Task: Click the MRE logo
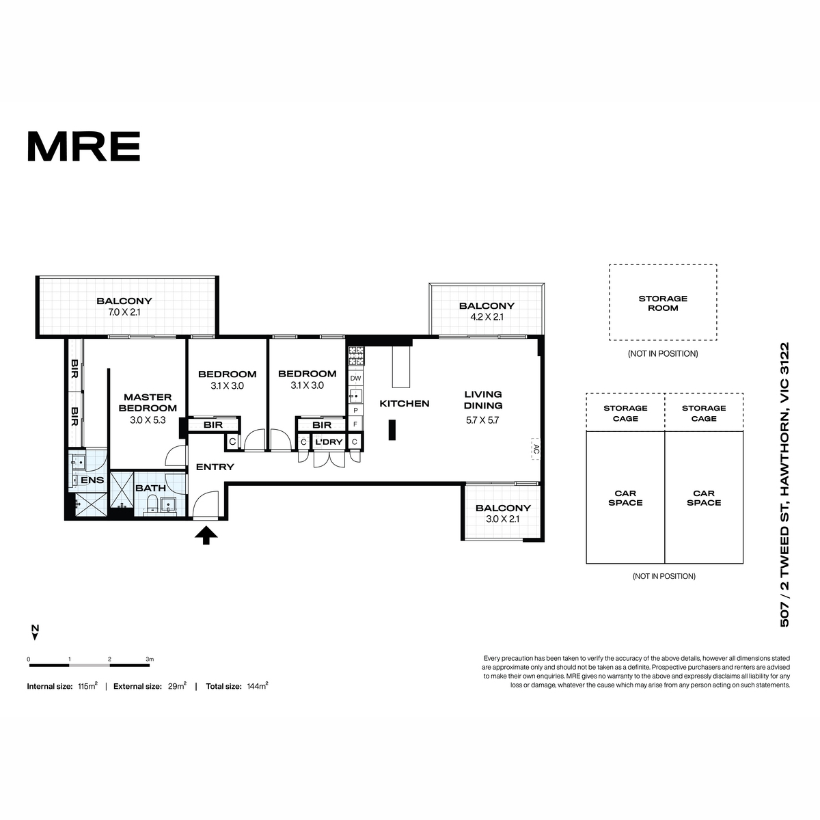pos(84,146)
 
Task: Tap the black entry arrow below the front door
pos(206,535)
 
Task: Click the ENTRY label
pos(215,467)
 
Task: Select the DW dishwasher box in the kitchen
pos(355,379)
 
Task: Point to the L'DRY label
pos(329,442)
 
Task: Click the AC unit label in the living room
pos(536,448)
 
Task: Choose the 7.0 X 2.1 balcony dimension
pos(124,312)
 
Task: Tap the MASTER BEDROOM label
pos(148,402)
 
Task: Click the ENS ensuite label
pos(92,480)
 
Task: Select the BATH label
pos(150,488)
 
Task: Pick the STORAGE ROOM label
pos(663,303)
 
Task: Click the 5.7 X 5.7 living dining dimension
pos(482,420)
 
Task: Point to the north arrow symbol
pos(36,632)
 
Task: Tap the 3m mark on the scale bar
pos(150,659)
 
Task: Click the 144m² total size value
pos(258,686)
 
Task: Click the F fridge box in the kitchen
pos(355,424)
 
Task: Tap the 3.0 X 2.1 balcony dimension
pos(502,519)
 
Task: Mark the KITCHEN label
pos(405,403)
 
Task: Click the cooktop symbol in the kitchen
pos(356,356)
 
